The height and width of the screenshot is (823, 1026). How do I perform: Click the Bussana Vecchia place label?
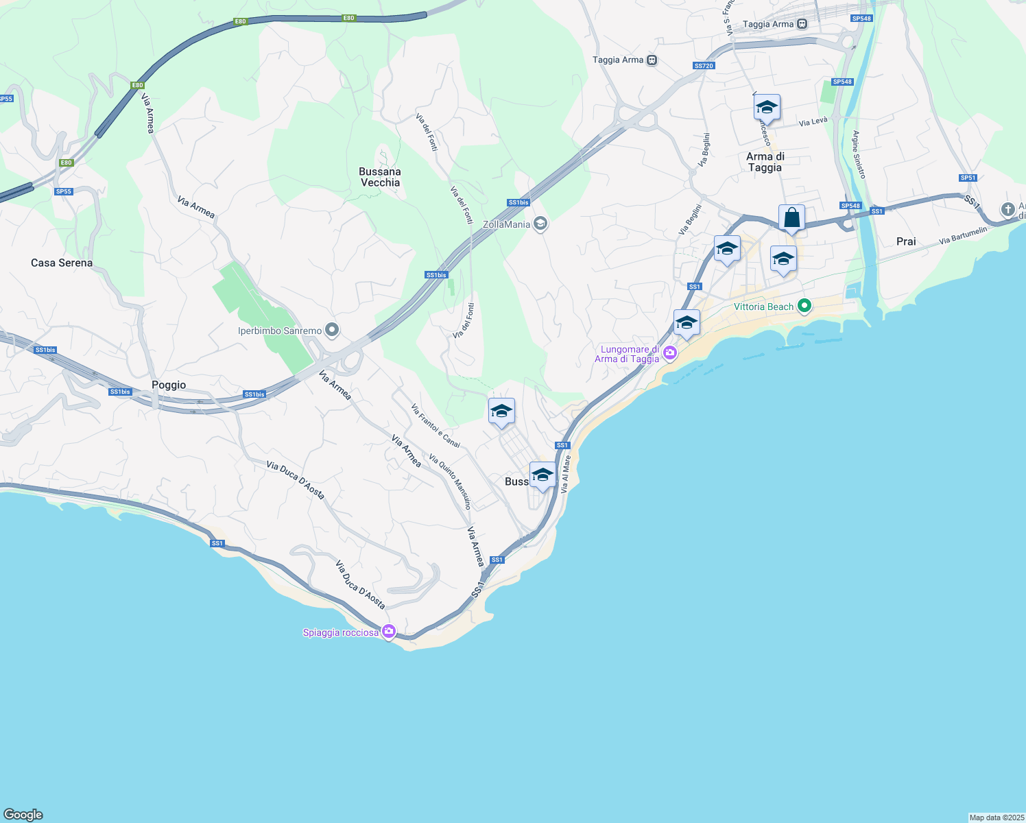click(380, 177)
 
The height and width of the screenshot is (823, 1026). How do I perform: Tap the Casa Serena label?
click(62, 263)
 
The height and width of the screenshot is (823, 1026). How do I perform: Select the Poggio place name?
click(169, 385)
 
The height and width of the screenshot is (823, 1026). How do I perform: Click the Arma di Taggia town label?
click(765, 162)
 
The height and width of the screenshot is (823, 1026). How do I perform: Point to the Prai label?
click(906, 241)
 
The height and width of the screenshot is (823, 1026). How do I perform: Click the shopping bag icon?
click(791, 218)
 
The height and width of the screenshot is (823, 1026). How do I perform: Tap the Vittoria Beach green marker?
click(804, 306)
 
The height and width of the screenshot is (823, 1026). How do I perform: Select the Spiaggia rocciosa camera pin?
click(389, 631)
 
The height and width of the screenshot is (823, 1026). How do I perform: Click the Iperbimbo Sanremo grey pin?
click(333, 331)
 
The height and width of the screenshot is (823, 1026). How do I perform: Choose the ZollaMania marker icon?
click(540, 224)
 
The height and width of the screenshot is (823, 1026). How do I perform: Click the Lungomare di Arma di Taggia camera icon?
click(670, 354)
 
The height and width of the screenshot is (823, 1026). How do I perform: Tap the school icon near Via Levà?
click(767, 108)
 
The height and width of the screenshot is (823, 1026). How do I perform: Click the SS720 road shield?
click(704, 66)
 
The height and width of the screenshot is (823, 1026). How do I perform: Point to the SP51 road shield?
click(968, 178)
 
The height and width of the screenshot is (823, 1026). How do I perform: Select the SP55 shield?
click(63, 191)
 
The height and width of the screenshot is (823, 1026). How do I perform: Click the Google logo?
click(23, 815)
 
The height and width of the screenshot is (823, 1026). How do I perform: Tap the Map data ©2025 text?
click(996, 818)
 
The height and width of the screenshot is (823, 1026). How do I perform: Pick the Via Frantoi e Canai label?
click(436, 426)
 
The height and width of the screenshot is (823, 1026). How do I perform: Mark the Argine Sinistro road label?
click(859, 155)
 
